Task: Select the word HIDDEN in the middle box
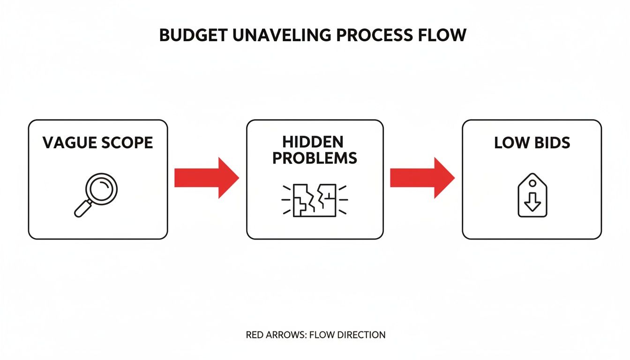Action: (313, 142)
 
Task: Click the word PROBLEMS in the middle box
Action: (315, 157)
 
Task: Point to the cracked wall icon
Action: (315, 200)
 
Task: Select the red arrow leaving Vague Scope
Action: (206, 178)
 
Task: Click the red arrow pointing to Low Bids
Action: (422, 178)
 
